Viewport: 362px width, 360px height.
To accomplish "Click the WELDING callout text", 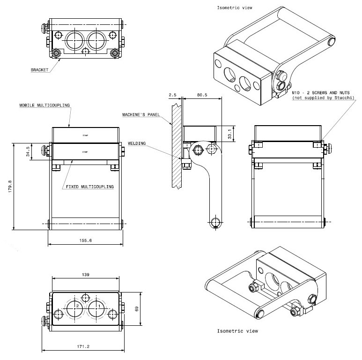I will pos(137,143).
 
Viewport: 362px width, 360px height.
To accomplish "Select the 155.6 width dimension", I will pos(85,240).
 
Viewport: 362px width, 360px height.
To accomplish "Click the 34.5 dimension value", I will pos(28,152).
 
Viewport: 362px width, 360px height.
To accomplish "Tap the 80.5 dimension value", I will pos(202,95).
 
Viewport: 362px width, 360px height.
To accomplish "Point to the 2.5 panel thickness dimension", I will pos(172,95).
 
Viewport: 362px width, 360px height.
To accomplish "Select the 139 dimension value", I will pos(85,274).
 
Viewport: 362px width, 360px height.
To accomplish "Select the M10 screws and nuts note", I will pos(323,95).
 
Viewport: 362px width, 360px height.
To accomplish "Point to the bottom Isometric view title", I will pos(237,331).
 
